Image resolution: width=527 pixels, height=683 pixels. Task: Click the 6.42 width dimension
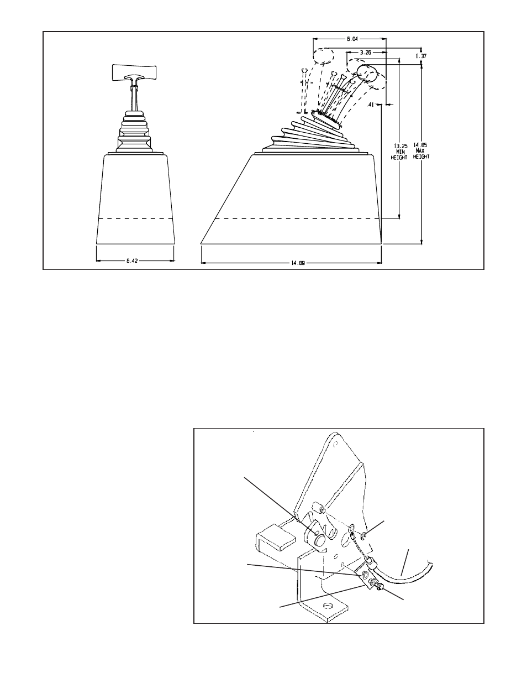(132, 260)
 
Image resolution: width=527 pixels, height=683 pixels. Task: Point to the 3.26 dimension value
(365, 53)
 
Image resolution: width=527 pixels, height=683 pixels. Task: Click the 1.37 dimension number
(421, 56)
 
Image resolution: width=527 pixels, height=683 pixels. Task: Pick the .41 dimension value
(370, 105)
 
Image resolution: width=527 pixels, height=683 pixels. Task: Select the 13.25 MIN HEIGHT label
(399, 152)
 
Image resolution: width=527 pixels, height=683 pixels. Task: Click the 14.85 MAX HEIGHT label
(420, 151)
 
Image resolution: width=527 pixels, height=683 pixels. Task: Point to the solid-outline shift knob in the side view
(367, 73)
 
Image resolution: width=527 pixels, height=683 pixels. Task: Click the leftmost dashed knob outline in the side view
(323, 56)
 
